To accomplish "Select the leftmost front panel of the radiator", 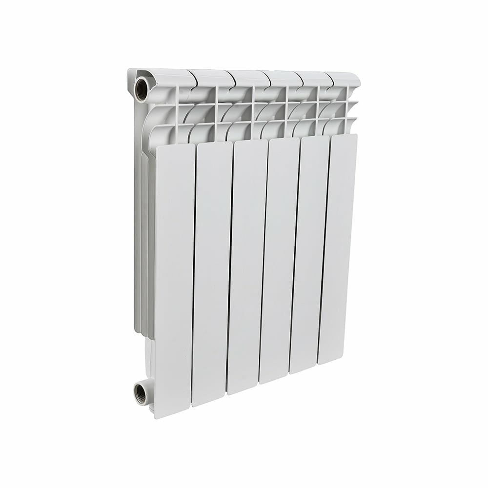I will [175, 278].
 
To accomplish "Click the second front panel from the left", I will [212, 273].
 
